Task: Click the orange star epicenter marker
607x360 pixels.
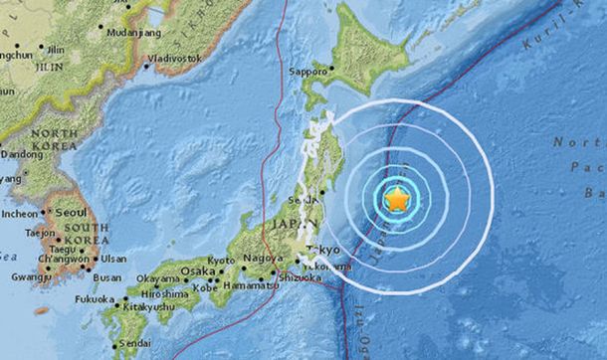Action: (x=397, y=200)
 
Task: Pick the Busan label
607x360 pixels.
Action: (x=108, y=277)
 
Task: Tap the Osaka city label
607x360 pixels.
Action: (x=198, y=270)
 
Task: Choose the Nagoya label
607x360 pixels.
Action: (x=262, y=260)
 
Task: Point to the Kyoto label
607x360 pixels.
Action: (x=220, y=260)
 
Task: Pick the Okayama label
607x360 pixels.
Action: (x=157, y=278)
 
